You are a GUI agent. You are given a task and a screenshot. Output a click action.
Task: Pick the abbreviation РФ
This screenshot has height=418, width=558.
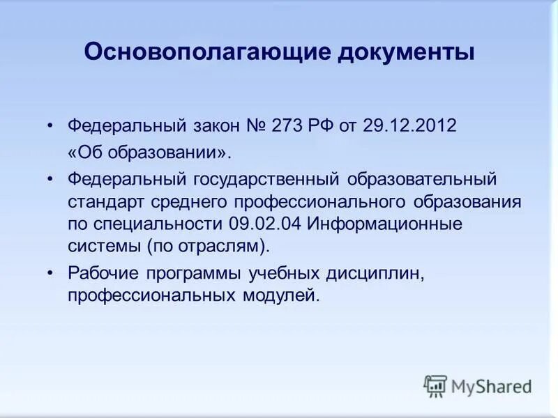click(x=318, y=126)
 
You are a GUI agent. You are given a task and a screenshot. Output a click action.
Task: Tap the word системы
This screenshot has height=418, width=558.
click(x=103, y=247)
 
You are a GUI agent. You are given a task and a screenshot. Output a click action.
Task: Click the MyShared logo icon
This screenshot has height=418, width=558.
click(x=435, y=385)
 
